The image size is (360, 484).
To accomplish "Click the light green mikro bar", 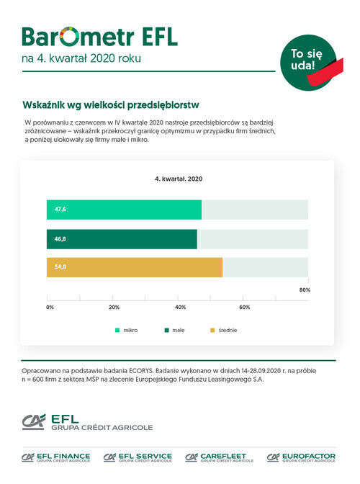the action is point(124,210).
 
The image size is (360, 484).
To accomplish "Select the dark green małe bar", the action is point(122,239).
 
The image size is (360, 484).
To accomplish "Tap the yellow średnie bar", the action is point(135,267).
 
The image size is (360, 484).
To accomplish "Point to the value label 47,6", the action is point(60,210).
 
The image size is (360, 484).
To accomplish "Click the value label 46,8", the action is point(60,239).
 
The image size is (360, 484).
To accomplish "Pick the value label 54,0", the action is point(60,266).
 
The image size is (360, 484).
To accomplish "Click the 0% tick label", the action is point(50,307).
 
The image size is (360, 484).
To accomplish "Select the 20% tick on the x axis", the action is point(114,307).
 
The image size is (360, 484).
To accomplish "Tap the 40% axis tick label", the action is point(181,307).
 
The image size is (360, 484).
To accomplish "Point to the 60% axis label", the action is point(245,307).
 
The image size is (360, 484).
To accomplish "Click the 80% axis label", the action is point(305,290).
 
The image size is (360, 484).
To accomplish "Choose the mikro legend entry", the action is point(127,331).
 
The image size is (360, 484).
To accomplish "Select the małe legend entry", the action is point(175,331).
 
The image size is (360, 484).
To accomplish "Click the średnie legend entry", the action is point(224,331).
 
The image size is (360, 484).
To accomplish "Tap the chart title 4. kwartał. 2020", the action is point(179,179).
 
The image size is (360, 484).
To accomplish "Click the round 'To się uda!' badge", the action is point(308,63).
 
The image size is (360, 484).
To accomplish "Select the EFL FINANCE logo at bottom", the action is point(56,457).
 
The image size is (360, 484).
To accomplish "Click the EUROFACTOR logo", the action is point(301,457).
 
